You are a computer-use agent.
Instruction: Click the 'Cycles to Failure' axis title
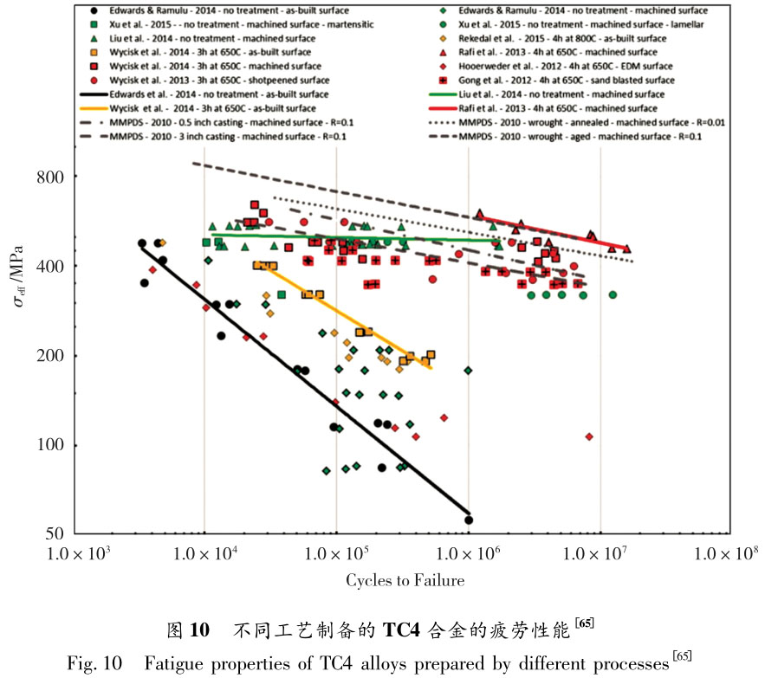click(405, 580)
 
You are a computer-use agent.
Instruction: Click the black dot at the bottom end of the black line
click(469, 520)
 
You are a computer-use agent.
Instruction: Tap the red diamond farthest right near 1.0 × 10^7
click(589, 436)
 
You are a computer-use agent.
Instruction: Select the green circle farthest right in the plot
click(613, 294)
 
